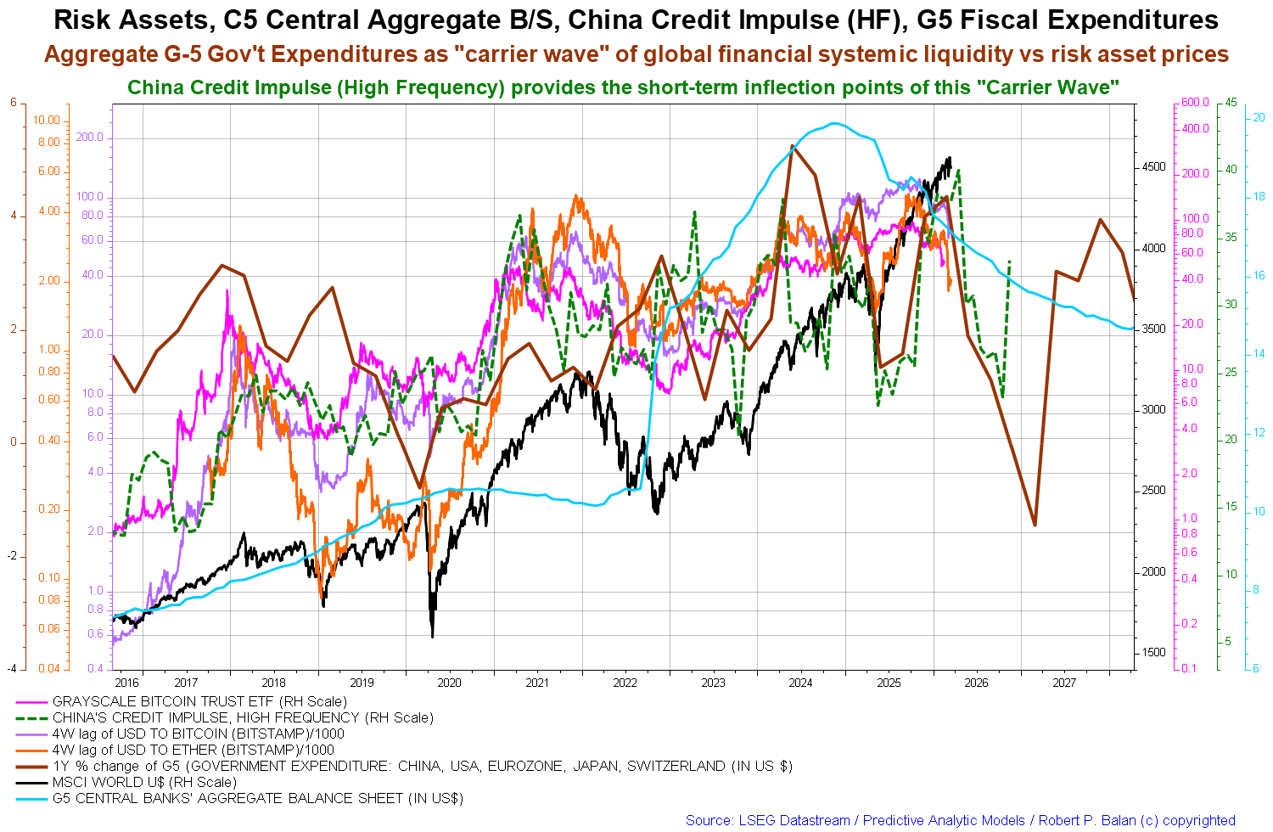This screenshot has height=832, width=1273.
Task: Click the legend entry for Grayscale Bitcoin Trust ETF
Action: [x=199, y=701]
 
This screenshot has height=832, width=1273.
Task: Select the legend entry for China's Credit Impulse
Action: [x=243, y=717]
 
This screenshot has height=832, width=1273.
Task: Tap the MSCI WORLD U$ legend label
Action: [x=144, y=782]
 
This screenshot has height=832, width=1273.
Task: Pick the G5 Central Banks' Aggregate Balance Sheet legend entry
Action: [x=257, y=798]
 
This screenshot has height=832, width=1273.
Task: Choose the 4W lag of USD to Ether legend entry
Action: [x=193, y=750]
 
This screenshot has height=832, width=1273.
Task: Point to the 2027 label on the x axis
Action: [x=1064, y=683]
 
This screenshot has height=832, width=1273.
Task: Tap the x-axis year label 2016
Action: [x=126, y=683]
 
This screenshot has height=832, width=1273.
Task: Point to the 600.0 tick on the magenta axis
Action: [x=1194, y=103]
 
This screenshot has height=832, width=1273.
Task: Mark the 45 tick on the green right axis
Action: [x=1230, y=103]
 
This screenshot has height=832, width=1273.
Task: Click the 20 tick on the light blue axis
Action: [x=1259, y=118]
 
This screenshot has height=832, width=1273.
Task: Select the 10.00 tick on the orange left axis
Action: [x=48, y=120]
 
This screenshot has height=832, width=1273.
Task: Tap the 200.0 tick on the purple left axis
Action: [x=90, y=138]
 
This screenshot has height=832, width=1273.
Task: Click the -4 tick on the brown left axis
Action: [x=12, y=669]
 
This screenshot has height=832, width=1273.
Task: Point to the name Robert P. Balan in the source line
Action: [x=1094, y=820]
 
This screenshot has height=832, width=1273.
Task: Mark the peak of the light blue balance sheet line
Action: [x=836, y=123]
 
